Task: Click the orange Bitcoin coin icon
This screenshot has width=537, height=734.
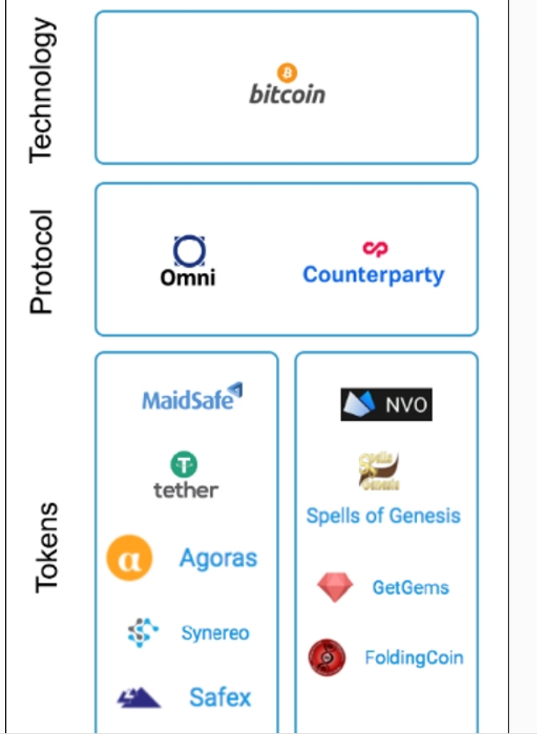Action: (287, 72)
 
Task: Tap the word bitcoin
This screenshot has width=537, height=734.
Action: (287, 95)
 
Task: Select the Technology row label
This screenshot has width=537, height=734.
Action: (42, 90)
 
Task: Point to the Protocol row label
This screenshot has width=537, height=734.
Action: (42, 261)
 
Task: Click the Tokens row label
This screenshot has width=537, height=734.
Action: (46, 547)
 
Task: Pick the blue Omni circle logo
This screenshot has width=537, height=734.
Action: (190, 251)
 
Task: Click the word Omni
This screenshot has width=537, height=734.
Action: (187, 278)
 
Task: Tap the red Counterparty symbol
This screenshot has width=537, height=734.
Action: (374, 249)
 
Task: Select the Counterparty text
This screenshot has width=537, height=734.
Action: (373, 275)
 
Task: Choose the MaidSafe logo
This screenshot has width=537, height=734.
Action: (193, 397)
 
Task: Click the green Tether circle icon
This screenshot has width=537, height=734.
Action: (184, 465)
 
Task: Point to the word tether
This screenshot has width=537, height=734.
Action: (186, 490)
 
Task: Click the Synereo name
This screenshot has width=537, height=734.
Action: (215, 634)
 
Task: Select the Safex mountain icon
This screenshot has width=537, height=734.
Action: (138, 698)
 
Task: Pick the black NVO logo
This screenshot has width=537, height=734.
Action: (386, 405)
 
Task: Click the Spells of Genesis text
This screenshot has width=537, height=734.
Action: (383, 516)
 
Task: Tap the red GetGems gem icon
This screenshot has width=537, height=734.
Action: (334, 587)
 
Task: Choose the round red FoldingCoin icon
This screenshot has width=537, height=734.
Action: (326, 658)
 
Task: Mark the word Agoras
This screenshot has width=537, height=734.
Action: (218, 558)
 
